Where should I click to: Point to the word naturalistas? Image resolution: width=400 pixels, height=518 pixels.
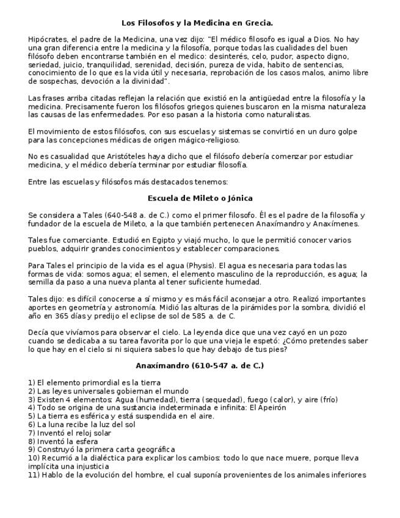pos(287,114)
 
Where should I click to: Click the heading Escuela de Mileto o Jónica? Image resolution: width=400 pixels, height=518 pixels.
pos(200,198)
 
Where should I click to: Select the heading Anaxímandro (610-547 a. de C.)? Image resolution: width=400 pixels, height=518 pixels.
pos(200,365)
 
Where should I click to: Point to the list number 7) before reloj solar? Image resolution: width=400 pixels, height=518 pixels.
pos(32,432)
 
